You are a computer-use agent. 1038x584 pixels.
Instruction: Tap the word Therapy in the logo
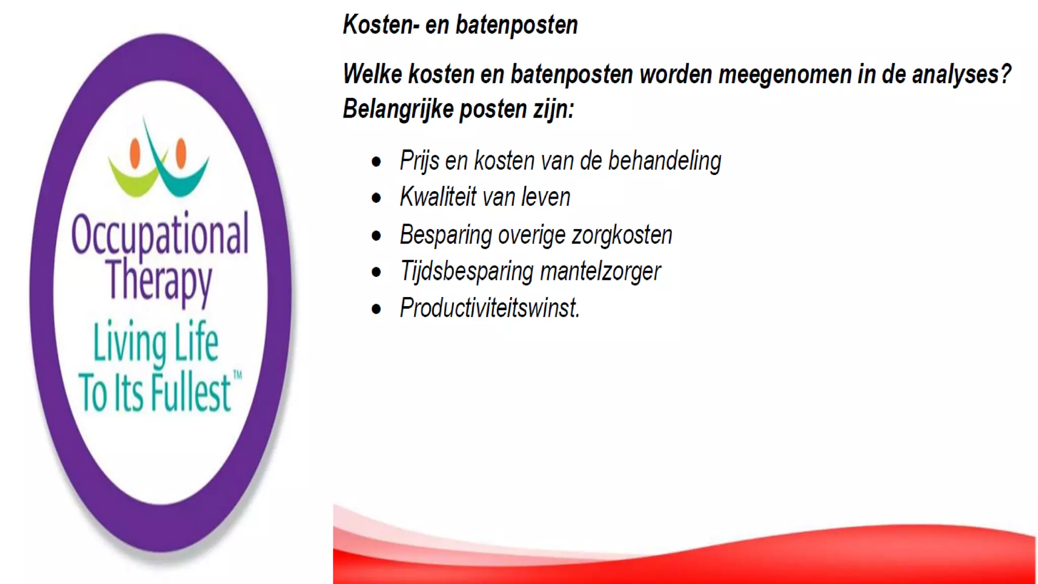[x=159, y=280]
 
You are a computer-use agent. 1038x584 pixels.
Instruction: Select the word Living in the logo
[x=130, y=343]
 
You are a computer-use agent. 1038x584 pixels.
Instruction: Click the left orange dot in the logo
[x=135, y=153]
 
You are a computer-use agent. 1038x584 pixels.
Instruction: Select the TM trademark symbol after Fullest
[x=237, y=376]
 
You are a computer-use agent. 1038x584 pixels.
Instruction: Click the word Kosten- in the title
[x=381, y=25]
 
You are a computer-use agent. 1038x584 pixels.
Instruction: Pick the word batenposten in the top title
[x=516, y=25]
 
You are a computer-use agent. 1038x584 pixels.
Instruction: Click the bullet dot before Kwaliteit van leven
[x=376, y=198]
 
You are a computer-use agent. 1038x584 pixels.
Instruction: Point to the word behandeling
[x=664, y=161]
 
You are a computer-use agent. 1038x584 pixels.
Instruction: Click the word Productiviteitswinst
[x=490, y=308]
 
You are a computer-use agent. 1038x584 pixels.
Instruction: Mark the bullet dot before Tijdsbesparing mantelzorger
[x=376, y=272]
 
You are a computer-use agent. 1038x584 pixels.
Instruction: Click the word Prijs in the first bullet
[x=419, y=161]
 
